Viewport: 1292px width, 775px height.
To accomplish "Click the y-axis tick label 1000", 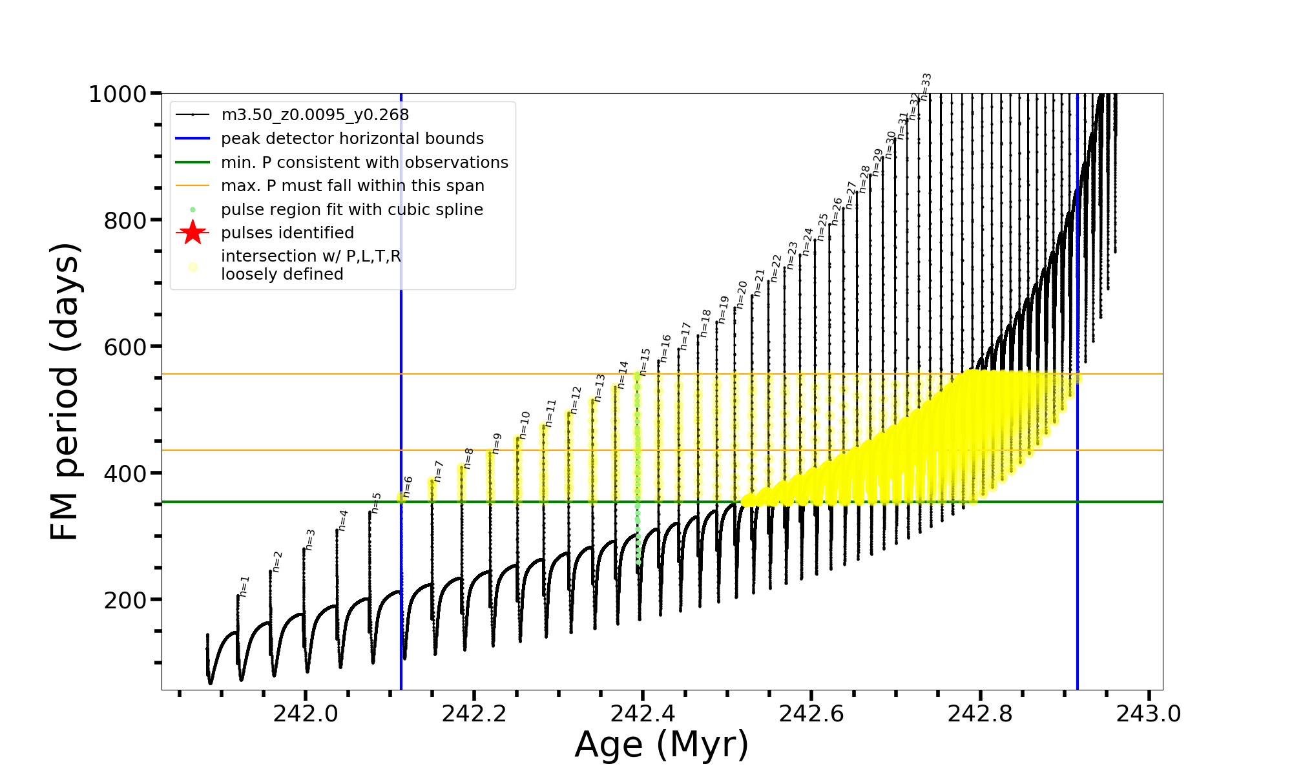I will [x=117, y=94].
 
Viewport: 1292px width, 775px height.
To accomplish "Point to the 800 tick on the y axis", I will [x=125, y=221].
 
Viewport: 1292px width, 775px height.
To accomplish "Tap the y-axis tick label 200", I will [x=125, y=601].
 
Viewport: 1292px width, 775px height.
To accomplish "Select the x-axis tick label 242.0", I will [x=306, y=714].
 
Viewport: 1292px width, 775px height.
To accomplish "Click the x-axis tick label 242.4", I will [x=643, y=714].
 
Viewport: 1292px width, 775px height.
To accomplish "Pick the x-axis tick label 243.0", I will [x=1149, y=714].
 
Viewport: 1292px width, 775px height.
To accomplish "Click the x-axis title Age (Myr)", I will [x=662, y=745].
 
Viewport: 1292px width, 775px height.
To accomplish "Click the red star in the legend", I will [x=193, y=232].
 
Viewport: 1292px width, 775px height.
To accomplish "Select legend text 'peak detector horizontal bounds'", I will [x=352, y=139].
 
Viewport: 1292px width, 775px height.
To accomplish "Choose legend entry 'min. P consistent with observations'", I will [x=364, y=163].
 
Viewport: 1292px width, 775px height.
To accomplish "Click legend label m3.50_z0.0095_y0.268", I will [x=315, y=115].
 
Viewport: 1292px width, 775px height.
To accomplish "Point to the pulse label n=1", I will [x=244, y=586].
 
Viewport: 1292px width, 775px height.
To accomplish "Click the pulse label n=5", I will [x=377, y=503].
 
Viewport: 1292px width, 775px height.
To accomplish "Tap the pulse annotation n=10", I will [x=525, y=425].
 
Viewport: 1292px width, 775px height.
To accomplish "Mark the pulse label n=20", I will [x=742, y=294].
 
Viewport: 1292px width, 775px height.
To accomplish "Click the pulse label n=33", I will [x=926, y=87].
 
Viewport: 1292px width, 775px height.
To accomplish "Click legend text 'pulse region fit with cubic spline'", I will [x=351, y=210].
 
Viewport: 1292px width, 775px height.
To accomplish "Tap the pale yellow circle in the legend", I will [x=193, y=267].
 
